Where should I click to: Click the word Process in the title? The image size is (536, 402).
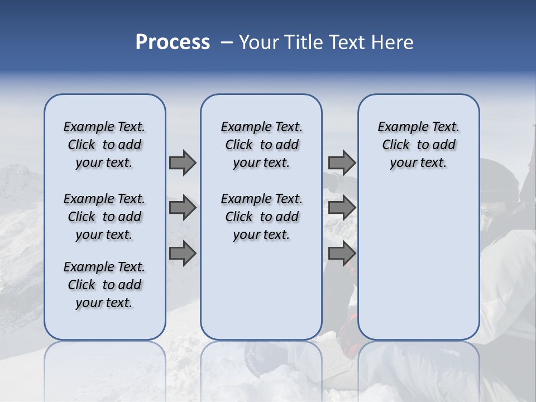(173, 42)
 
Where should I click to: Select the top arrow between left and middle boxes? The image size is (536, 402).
(183, 162)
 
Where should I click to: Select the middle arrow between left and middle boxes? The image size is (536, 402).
(183, 208)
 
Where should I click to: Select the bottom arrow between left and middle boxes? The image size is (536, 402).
(183, 253)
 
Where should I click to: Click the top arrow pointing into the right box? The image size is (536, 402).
(342, 162)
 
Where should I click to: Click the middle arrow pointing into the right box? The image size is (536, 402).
(342, 208)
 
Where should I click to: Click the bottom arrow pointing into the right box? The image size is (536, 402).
(342, 253)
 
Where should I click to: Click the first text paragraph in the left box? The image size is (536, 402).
(104, 145)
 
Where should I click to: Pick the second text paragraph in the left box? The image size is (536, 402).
(104, 217)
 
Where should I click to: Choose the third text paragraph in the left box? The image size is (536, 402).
(104, 285)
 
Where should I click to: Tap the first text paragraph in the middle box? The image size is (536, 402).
(261, 145)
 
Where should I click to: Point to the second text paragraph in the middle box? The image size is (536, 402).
(261, 217)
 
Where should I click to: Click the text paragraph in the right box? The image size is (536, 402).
(418, 145)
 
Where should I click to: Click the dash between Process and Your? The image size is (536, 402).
(227, 43)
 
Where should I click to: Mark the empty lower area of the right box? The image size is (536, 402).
(418, 262)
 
